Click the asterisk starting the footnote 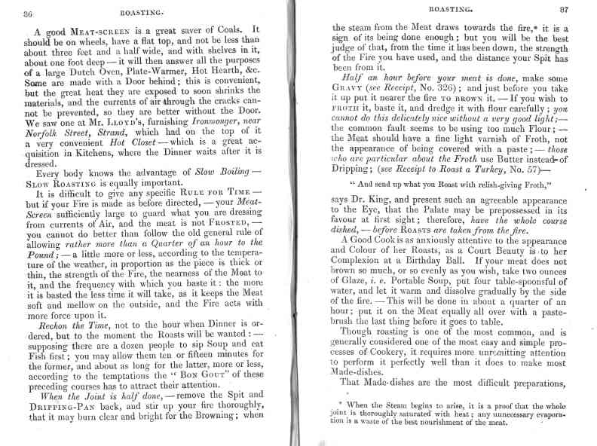(x=341, y=404)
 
